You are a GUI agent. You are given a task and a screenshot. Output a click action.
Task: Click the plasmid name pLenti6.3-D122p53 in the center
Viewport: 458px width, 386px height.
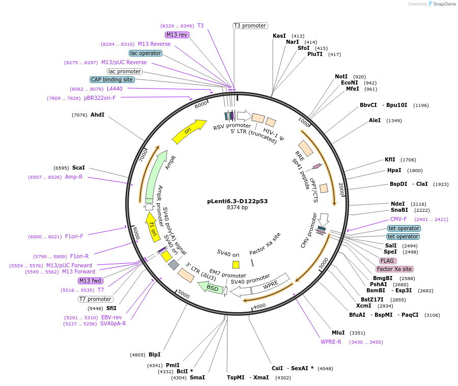pyautogui.click(x=237, y=201)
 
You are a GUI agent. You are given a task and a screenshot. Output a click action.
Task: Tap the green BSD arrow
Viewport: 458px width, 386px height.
pyautogui.click(x=210, y=288)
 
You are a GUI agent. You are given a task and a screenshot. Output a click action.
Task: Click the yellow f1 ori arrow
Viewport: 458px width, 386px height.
pyautogui.click(x=153, y=227)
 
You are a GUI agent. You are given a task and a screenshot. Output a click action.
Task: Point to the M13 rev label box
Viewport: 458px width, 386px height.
pyautogui.click(x=177, y=35)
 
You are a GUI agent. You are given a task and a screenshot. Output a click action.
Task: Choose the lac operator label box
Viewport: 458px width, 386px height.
pyautogui.click(x=146, y=53)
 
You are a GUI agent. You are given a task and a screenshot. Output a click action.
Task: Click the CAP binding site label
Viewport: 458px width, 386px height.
pyautogui.click(x=112, y=79)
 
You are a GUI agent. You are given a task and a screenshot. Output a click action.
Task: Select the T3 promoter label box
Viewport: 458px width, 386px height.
pyautogui.click(x=250, y=25)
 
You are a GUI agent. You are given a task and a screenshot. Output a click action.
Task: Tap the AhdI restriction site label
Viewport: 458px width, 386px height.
pyautogui.click(x=97, y=115)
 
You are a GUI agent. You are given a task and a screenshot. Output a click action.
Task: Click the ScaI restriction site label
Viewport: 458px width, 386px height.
pyautogui.click(x=78, y=168)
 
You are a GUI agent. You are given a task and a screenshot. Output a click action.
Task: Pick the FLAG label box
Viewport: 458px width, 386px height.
pyautogui.click(x=387, y=261)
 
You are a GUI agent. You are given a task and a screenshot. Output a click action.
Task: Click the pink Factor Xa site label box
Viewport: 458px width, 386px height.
pyautogui.click(x=394, y=269)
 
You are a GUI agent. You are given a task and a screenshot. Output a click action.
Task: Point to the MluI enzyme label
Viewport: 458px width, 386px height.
pyautogui.click(x=338, y=333)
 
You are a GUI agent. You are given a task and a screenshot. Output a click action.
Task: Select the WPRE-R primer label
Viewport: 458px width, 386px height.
pyautogui.click(x=331, y=342)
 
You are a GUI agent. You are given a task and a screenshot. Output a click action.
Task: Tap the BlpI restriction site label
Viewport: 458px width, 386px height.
pyautogui.click(x=155, y=354)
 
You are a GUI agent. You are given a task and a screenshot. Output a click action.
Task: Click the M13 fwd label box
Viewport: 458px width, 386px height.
pyautogui.click(x=90, y=281)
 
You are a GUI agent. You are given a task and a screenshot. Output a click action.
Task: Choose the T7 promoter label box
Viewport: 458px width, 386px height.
pyautogui.click(x=96, y=299)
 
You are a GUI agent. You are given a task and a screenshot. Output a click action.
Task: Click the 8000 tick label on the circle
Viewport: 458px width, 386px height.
pyautogui.click(x=201, y=104)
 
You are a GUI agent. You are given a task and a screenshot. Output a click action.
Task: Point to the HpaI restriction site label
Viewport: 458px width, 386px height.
pyautogui.click(x=394, y=171)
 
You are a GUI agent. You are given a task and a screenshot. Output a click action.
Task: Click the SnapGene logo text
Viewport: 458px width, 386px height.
pyautogui.click(x=444, y=4)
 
